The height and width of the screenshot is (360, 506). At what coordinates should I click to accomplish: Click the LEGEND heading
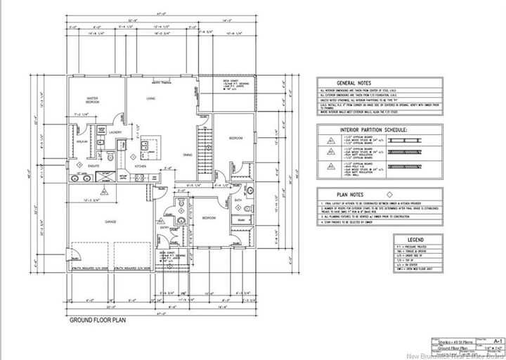pyautogui.click(x=416, y=240)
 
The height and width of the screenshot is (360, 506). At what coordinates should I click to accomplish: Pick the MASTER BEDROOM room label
pyautogui.click(x=91, y=100)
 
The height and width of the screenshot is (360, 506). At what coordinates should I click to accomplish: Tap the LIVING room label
pyautogui.click(x=150, y=99)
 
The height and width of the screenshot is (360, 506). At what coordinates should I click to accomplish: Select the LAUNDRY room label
pyautogui.click(x=117, y=131)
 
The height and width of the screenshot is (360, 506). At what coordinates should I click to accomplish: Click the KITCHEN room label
pyautogui.click(x=139, y=166)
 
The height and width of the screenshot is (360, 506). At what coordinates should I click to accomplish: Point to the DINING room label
pyautogui.click(x=188, y=154)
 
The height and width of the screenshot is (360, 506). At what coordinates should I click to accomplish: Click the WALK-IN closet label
pyautogui.click(x=82, y=141)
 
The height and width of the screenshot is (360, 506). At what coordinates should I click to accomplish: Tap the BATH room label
pyautogui.click(x=237, y=200)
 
